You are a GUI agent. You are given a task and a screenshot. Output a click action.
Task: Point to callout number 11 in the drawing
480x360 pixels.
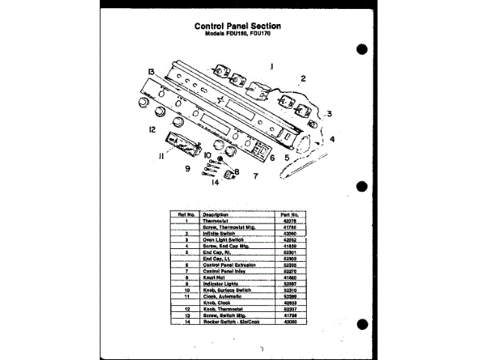pos(160,156)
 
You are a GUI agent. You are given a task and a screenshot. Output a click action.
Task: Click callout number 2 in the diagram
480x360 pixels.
pos(303,78)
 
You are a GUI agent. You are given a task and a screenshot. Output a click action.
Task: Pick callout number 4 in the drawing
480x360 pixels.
pos(332,139)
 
